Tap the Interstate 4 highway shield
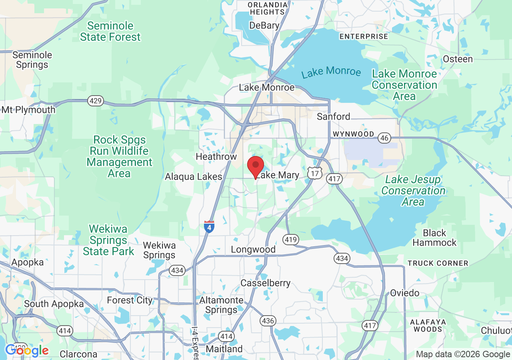[x=209, y=227]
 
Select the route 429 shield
[x=96, y=101]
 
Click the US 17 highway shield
[x=314, y=173]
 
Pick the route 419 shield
[x=290, y=240]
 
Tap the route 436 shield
[x=268, y=320]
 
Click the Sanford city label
[x=333, y=116]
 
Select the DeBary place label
[x=264, y=26]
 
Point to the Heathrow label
[x=216, y=156]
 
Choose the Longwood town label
[x=253, y=250]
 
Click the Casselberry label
[x=265, y=283]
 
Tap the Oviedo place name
[x=405, y=293]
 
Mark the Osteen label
[x=458, y=59]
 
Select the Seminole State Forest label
[x=110, y=32]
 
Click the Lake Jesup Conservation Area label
[x=413, y=191]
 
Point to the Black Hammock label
[x=434, y=238]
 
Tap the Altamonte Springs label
[x=221, y=305]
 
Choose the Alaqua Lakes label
[x=194, y=176]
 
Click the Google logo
[x=27, y=351]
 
